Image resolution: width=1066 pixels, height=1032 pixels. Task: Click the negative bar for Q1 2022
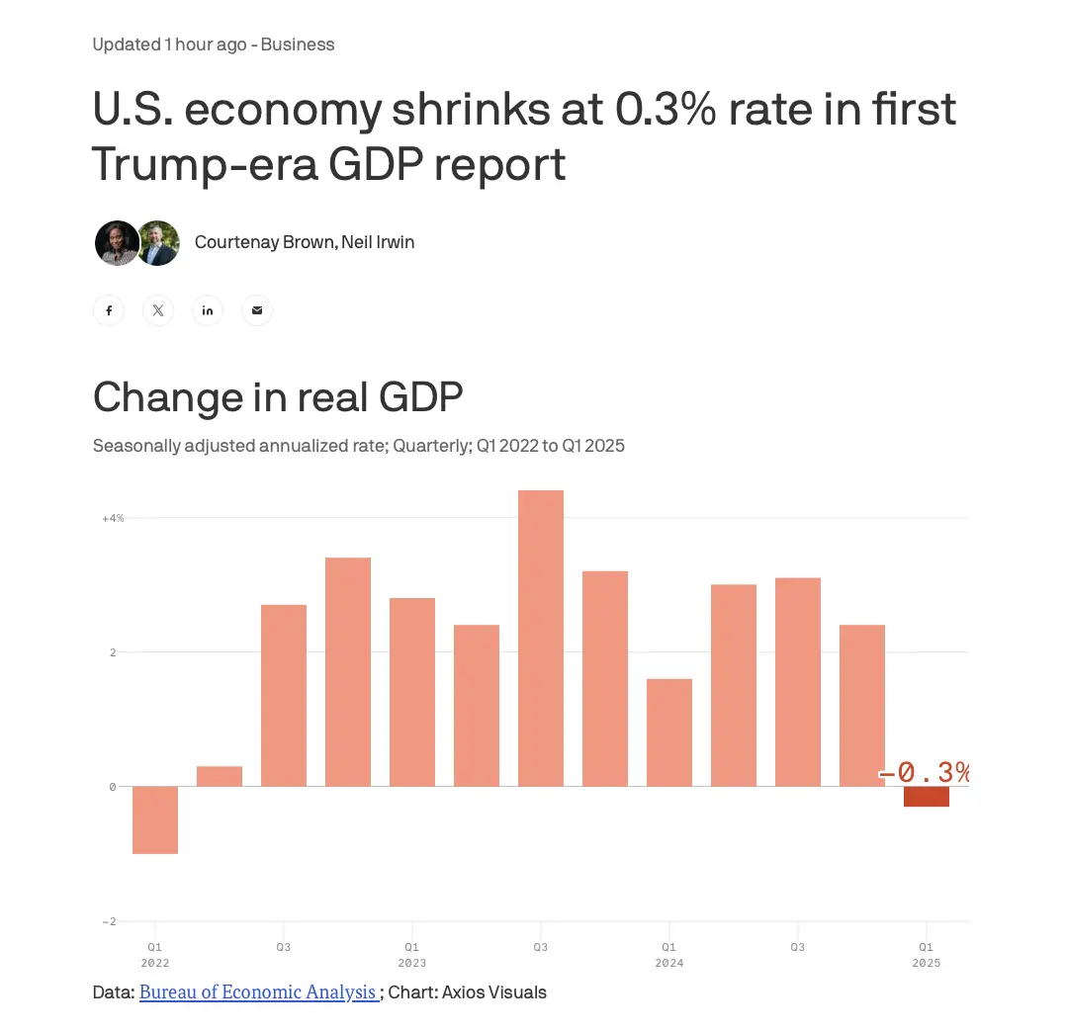coord(155,819)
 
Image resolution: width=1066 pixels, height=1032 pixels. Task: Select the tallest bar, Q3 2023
coord(541,638)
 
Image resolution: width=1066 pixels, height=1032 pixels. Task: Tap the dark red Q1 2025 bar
coord(927,796)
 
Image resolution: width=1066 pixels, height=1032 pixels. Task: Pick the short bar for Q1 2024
coord(669,732)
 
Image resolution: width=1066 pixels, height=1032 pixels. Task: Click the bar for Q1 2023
coord(412,692)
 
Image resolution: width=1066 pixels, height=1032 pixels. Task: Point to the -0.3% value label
coord(925,773)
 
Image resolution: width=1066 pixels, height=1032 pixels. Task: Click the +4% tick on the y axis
coord(113,518)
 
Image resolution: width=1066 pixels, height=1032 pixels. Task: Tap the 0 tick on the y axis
coord(113,787)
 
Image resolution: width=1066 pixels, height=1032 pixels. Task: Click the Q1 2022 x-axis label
coord(155,955)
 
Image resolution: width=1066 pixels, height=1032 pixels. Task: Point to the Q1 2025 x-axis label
coord(927,955)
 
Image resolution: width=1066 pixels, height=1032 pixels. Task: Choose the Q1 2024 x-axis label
coord(669,955)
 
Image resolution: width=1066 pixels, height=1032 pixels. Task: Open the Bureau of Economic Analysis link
coord(257,991)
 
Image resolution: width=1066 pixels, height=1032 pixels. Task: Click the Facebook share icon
coord(109,310)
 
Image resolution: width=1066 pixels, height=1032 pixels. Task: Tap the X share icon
coord(158,310)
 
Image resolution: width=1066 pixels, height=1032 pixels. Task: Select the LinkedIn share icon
coord(208,310)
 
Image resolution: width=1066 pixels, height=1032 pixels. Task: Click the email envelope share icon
coord(257,310)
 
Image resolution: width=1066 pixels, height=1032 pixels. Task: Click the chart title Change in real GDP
coord(278,397)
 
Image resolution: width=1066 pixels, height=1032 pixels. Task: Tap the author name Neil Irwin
coord(378,242)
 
